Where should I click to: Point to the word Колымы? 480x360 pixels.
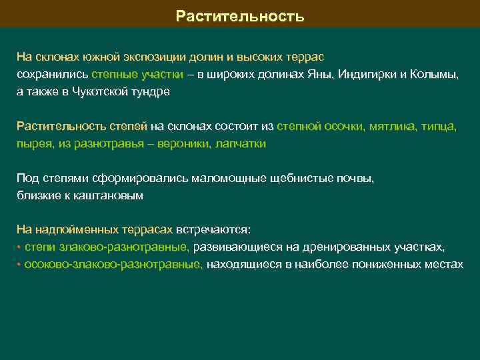pos(437,75)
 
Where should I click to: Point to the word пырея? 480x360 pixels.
pos(32,144)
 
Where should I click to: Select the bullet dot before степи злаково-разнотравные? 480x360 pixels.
pos(19,247)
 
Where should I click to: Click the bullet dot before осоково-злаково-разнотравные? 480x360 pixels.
pos(19,265)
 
